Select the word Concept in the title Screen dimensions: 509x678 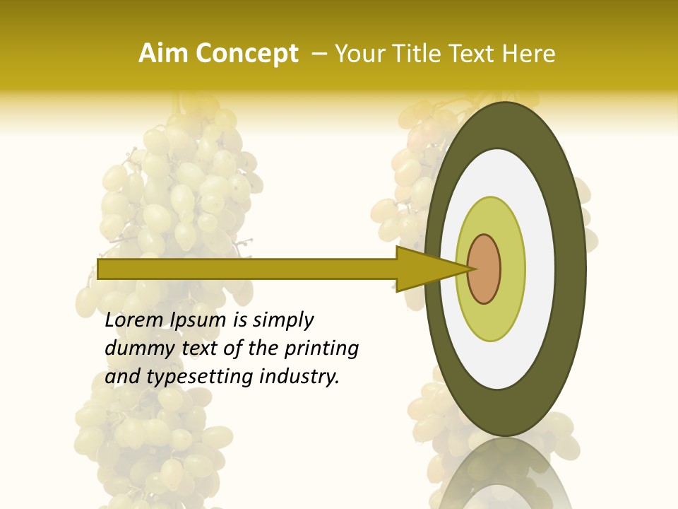248,54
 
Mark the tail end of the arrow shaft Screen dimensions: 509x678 100,269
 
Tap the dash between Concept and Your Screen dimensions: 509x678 317,54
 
